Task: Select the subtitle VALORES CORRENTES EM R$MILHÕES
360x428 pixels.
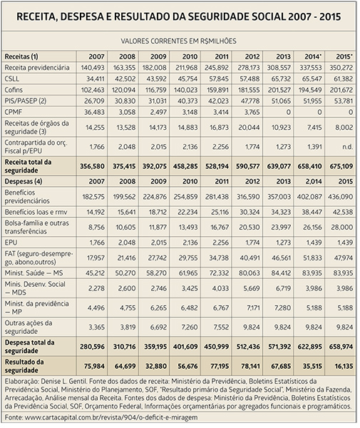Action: click(x=179, y=41)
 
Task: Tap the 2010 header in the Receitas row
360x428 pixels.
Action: click(x=190, y=56)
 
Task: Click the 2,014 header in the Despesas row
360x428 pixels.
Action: click(x=313, y=181)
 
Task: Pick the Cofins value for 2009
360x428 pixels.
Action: click(x=155, y=90)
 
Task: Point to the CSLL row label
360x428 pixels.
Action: click(x=12, y=79)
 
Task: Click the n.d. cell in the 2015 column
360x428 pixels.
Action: click(x=348, y=147)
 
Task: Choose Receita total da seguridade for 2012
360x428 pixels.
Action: click(x=247, y=166)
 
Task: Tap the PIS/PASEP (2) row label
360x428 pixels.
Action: click(x=26, y=101)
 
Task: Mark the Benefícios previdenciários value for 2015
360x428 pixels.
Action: click(x=340, y=197)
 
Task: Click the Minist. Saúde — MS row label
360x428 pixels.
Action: click(x=34, y=273)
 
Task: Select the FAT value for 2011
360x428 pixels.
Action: click(x=220, y=258)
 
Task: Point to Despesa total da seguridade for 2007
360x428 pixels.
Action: click(x=92, y=347)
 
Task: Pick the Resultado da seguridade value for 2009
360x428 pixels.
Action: click(x=155, y=366)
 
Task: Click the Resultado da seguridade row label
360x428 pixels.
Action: click(x=24, y=366)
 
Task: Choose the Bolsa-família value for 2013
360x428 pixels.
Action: click(x=281, y=228)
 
